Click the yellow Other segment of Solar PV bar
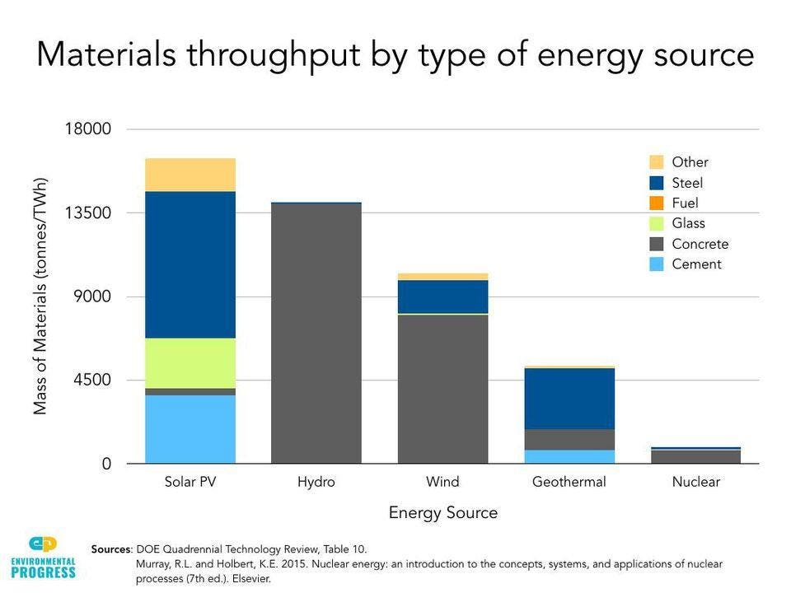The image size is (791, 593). tap(190, 175)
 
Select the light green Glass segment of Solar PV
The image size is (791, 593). tap(190, 363)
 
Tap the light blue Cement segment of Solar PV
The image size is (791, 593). tap(190, 429)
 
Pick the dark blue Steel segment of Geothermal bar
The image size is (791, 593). tap(569, 399)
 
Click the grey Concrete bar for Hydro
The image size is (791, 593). tap(316, 334)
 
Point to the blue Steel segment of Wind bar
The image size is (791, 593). tap(443, 296)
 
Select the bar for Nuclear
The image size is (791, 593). tap(695, 455)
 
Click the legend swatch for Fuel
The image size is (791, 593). tap(657, 203)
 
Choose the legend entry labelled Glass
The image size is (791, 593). tap(688, 223)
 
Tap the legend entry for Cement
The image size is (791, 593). tap(696, 264)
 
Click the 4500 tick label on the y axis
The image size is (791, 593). tap(89, 381)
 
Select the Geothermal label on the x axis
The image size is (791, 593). tap(569, 482)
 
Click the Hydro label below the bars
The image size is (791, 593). tap(316, 482)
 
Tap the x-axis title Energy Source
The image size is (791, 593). tap(443, 513)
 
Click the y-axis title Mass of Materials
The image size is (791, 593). tap(40, 296)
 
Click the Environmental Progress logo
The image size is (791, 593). tap(43, 557)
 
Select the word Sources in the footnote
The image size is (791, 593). tap(111, 549)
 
